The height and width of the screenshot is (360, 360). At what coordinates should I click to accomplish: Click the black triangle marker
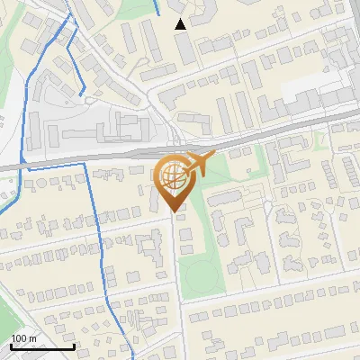click(x=181, y=24)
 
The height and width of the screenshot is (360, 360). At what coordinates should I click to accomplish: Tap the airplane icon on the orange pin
click(x=203, y=164)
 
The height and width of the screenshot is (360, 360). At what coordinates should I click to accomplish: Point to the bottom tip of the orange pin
click(x=175, y=212)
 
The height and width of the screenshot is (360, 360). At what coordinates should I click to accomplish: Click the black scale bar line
click(x=42, y=346)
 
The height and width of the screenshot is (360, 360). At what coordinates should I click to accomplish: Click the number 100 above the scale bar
click(x=19, y=338)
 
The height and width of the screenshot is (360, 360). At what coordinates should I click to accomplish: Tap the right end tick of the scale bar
click(x=74, y=345)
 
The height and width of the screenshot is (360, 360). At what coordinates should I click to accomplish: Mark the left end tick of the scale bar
click(x=11, y=345)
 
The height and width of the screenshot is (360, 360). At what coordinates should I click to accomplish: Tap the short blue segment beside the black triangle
click(x=158, y=8)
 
